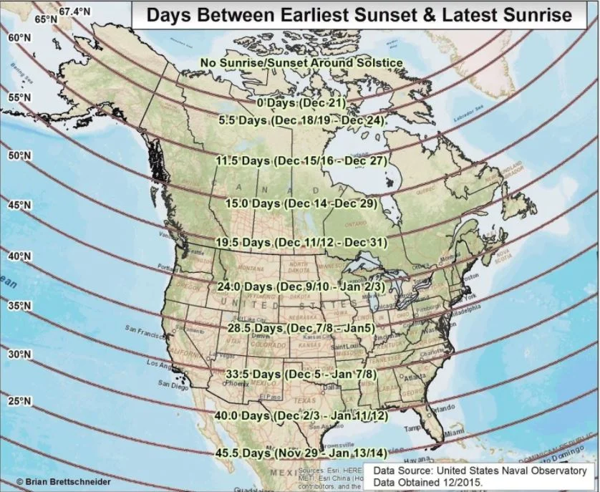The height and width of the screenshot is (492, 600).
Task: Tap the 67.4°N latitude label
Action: [75, 11]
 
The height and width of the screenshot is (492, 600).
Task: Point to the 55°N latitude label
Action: [19, 98]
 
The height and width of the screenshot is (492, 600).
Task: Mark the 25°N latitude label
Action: [19, 402]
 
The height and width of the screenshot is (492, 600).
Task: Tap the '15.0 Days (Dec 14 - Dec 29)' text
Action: [301, 204]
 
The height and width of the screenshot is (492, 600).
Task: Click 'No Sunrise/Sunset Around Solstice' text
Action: [301, 63]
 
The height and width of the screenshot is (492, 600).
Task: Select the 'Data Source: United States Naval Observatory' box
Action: [478, 476]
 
